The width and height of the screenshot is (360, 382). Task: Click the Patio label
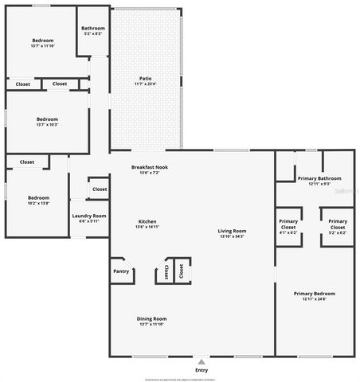click(x=146, y=78)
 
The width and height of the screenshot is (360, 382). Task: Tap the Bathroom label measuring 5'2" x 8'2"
click(x=93, y=28)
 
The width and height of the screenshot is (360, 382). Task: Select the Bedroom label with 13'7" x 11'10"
click(x=43, y=40)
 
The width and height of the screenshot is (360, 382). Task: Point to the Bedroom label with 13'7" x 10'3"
click(x=47, y=119)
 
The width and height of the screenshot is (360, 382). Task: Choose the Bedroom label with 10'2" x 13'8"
click(x=38, y=197)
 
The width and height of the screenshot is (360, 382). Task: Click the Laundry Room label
click(x=88, y=216)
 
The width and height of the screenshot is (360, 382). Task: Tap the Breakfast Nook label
click(x=150, y=166)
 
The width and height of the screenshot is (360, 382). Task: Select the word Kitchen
click(x=147, y=221)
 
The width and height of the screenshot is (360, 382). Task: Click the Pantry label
click(x=121, y=271)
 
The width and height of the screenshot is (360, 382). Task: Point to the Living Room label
click(x=232, y=231)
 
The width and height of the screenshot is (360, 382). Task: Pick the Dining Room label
click(x=152, y=318)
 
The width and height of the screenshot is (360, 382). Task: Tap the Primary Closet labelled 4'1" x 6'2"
click(x=288, y=224)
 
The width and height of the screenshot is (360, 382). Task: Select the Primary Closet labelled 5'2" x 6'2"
click(x=338, y=224)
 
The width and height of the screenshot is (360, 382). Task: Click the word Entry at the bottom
click(x=202, y=370)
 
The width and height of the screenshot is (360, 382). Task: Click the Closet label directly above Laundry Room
click(x=100, y=189)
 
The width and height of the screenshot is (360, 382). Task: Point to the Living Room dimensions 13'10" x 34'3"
click(x=232, y=236)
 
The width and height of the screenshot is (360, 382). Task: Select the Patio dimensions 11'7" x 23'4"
click(x=146, y=84)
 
